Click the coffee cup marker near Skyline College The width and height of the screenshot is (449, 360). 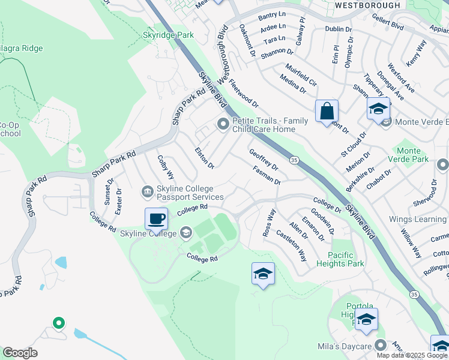click(x=156, y=219)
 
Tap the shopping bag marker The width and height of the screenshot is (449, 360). click(x=327, y=111)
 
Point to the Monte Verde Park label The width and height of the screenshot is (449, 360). click(x=412, y=155)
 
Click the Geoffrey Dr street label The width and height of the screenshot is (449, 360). click(x=264, y=159)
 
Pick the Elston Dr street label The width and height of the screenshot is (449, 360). click(x=205, y=157)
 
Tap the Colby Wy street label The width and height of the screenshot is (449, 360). click(x=166, y=167)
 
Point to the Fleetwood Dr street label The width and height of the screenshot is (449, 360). click(x=243, y=96)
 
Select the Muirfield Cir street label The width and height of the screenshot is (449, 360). click(x=301, y=74)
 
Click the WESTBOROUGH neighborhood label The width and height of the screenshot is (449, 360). click(x=367, y=5)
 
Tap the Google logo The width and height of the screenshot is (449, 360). click(x=20, y=353)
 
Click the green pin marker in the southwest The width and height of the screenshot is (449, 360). click(x=58, y=323)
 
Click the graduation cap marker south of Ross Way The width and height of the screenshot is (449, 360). click(x=263, y=274)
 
